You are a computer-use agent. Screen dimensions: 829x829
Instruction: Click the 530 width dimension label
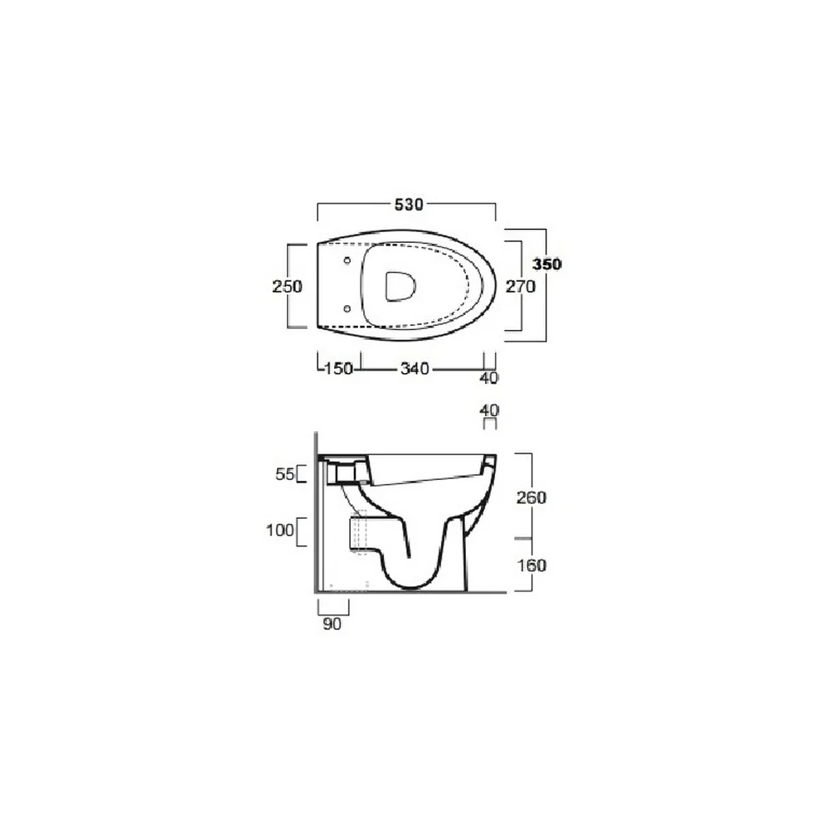pyautogui.click(x=409, y=204)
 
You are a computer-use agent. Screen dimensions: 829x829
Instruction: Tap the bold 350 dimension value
pyautogui.click(x=546, y=264)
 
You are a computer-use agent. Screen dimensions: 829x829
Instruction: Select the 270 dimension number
pyautogui.click(x=521, y=287)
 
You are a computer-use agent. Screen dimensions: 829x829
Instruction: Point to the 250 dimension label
pyautogui.click(x=287, y=287)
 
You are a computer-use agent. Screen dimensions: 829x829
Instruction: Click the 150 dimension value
pyautogui.click(x=338, y=368)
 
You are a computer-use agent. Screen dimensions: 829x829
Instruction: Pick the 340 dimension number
pyautogui.click(x=414, y=368)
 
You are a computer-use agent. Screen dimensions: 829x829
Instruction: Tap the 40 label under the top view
pyautogui.click(x=488, y=378)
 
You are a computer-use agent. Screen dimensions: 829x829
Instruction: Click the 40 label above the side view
pyautogui.click(x=489, y=410)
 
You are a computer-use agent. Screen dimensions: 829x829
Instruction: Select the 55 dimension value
pyautogui.click(x=284, y=474)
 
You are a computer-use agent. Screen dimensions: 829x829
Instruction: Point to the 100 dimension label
pyautogui.click(x=279, y=530)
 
